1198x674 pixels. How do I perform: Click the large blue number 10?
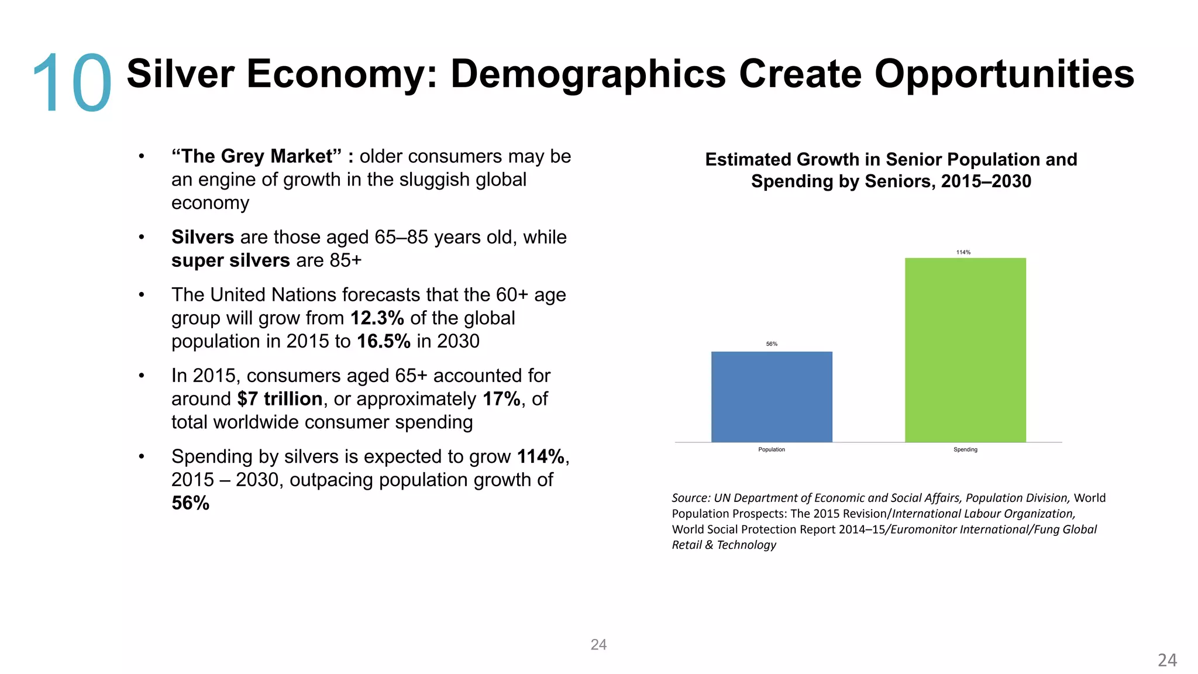[71, 83]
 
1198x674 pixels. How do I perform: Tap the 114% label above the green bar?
[963, 252]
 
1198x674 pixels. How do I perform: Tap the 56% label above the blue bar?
[772, 344]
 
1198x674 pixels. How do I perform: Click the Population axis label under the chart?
[771, 449]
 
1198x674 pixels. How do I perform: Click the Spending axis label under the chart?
[965, 449]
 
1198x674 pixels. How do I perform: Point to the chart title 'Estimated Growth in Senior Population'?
[890, 159]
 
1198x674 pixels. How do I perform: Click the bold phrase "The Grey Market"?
[256, 156]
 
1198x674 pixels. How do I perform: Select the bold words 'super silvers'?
[230, 260]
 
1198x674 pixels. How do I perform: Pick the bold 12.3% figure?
[377, 318]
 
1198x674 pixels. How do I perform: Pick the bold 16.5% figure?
[383, 341]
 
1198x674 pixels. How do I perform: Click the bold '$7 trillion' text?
[280, 399]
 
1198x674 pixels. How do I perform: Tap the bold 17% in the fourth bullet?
[501, 399]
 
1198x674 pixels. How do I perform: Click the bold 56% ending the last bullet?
[190, 503]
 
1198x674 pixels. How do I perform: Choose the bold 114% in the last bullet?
[540, 456]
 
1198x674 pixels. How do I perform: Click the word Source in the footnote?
[690, 498]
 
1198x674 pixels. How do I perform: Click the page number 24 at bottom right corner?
[1166, 660]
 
